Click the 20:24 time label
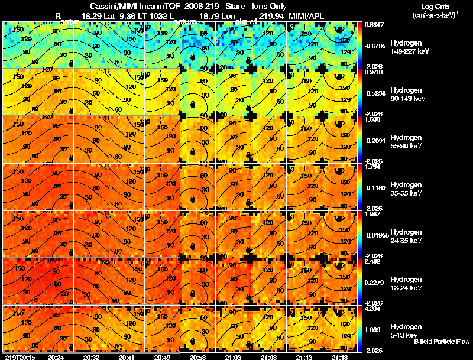(x=56, y=357)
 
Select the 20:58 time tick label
(x=197, y=357)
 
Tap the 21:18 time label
(x=338, y=357)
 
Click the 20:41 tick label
(x=126, y=357)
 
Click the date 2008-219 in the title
(x=192, y=5)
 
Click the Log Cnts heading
(x=437, y=5)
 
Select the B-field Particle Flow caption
(x=441, y=342)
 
